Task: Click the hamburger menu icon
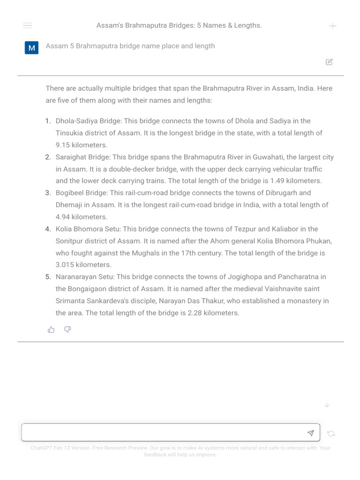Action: point(27,25)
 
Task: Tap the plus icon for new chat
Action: point(333,26)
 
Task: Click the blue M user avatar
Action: point(31,48)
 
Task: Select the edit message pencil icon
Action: point(329,62)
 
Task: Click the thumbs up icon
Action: point(51,330)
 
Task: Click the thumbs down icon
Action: point(67,330)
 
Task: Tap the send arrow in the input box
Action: point(310,433)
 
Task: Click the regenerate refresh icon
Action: point(331,434)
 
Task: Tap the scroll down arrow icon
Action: point(327,405)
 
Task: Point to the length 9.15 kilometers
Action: point(81,145)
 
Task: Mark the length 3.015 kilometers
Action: point(83,265)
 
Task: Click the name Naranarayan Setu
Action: point(85,277)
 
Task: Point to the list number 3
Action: point(48,193)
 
